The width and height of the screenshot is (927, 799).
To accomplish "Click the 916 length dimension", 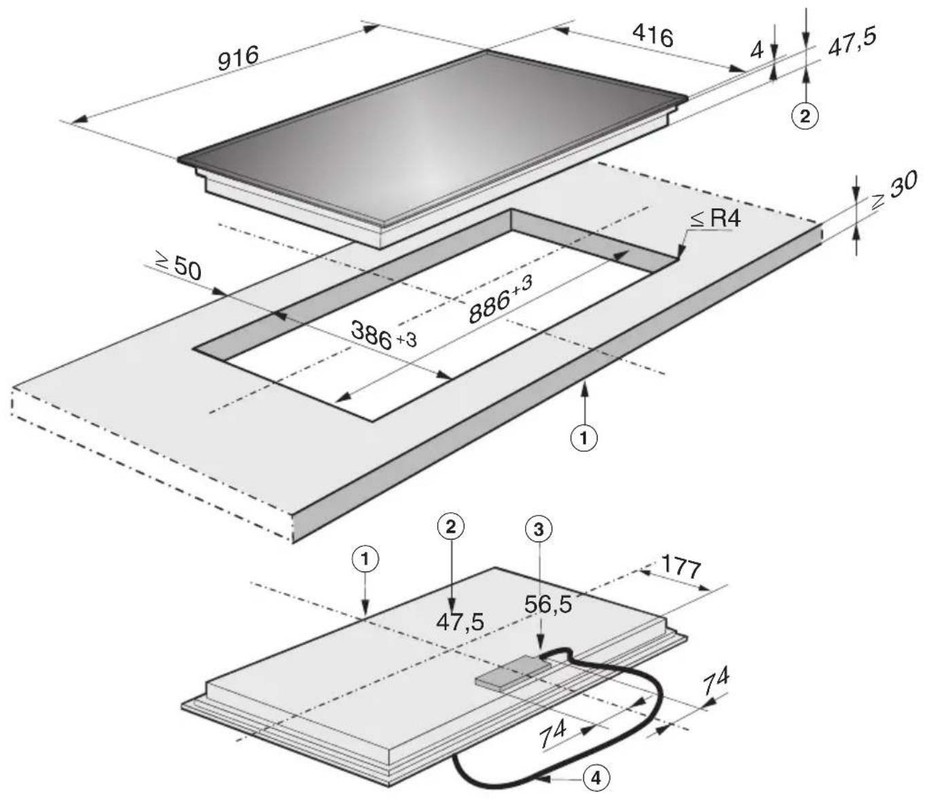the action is click(238, 58).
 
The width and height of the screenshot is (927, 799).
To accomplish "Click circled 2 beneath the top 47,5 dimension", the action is click(805, 117).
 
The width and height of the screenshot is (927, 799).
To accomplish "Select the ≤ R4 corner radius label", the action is click(715, 219).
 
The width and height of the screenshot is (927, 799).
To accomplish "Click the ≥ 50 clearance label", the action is click(178, 268).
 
